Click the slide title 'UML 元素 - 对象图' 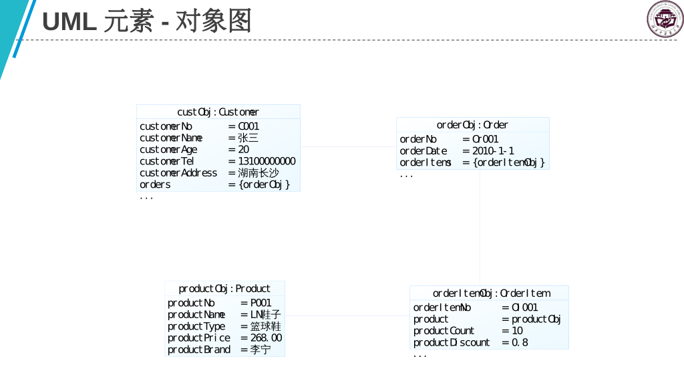tap(147, 21)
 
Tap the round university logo tap(665, 18)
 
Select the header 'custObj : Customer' tap(218, 112)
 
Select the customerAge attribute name tap(168, 150)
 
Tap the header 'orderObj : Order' tap(472, 125)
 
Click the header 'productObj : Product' tap(224, 289)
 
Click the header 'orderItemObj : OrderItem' tap(491, 293)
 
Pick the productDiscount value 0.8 tap(520, 342)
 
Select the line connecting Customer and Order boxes tap(348, 147)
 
